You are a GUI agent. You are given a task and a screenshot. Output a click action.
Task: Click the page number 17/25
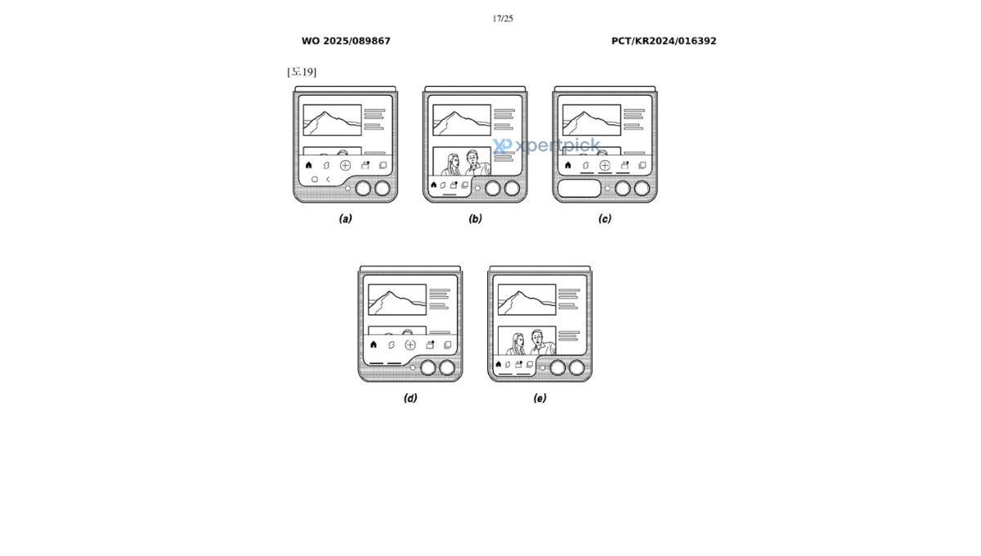[x=502, y=19]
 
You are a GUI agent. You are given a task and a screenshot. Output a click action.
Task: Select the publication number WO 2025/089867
[x=346, y=41]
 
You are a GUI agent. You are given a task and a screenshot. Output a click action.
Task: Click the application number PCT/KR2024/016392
[x=664, y=41]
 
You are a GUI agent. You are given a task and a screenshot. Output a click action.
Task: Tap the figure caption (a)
[x=346, y=218]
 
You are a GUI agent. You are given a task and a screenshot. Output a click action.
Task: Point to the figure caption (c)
[x=605, y=218]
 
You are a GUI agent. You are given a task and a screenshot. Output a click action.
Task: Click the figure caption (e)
[x=540, y=398]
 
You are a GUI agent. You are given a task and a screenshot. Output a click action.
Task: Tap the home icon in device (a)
[x=309, y=165]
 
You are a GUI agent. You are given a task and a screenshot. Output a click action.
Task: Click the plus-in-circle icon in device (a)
[x=345, y=165]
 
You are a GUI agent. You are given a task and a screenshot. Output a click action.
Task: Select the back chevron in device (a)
[x=328, y=179]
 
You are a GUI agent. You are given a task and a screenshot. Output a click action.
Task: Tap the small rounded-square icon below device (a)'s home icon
[x=315, y=179]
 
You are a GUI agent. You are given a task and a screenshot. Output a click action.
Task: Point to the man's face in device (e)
[x=536, y=337]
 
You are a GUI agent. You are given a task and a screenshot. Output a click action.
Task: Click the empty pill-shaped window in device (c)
[x=580, y=188]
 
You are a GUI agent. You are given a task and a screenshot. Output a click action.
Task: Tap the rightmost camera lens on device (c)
[x=642, y=188]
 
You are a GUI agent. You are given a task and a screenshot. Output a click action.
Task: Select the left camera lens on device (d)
[x=428, y=368]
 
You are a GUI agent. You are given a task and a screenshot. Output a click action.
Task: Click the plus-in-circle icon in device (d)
[x=410, y=345]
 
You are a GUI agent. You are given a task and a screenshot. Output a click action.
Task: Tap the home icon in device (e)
[x=499, y=364]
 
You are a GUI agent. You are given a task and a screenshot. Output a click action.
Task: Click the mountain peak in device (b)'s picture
[x=455, y=113]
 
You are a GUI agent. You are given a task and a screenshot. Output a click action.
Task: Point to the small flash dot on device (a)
[x=347, y=188]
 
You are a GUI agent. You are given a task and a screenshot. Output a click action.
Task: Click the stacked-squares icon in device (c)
[x=642, y=165]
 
